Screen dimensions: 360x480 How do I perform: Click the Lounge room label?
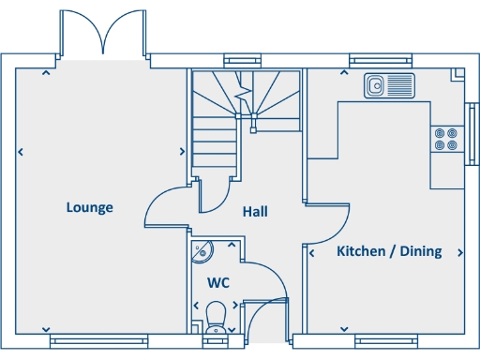pos(90,207)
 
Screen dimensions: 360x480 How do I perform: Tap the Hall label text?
pos(255,212)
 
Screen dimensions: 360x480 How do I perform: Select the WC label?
pos(218,282)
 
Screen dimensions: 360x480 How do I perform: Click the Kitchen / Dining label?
pos(389,251)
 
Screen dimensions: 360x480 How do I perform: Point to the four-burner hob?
pos(446,139)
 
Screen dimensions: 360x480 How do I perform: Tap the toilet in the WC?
pos(217,313)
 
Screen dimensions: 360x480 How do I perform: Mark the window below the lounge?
pos(98,342)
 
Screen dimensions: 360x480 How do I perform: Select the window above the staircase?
pos(240,61)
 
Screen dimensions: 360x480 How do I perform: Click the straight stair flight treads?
pos(215,145)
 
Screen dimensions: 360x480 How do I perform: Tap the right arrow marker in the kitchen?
pos(459,252)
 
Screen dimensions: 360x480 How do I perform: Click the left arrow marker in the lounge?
pos(21,151)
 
